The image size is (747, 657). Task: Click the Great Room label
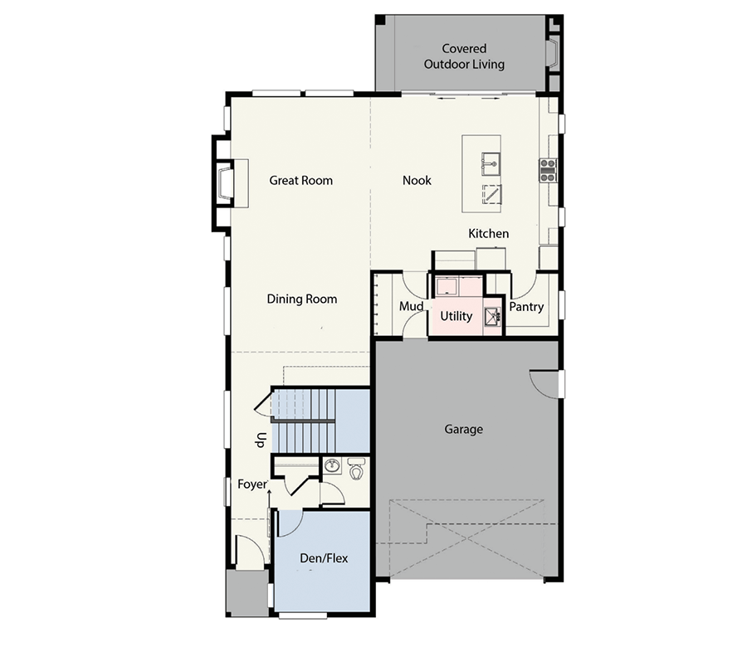coord(300,181)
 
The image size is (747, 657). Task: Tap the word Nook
coord(417,181)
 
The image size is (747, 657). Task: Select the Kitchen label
coord(488,233)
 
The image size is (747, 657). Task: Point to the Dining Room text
coord(301,299)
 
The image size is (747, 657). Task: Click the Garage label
coord(463,430)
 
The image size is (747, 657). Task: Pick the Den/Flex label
coord(324,558)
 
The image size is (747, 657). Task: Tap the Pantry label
coord(526,307)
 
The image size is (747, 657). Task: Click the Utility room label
coord(456,316)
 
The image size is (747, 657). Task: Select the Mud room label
coord(411,306)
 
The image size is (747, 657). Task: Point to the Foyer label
coord(252,484)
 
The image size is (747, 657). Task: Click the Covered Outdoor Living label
coord(464,56)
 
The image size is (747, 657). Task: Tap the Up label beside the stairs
coord(261,440)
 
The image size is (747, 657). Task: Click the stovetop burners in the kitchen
coord(548,170)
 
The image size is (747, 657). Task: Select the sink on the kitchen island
coord(491,164)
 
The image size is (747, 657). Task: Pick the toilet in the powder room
coord(356,469)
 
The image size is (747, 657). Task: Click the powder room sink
coord(333,465)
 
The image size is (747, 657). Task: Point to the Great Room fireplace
coord(224,183)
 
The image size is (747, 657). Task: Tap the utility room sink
coord(492,316)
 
